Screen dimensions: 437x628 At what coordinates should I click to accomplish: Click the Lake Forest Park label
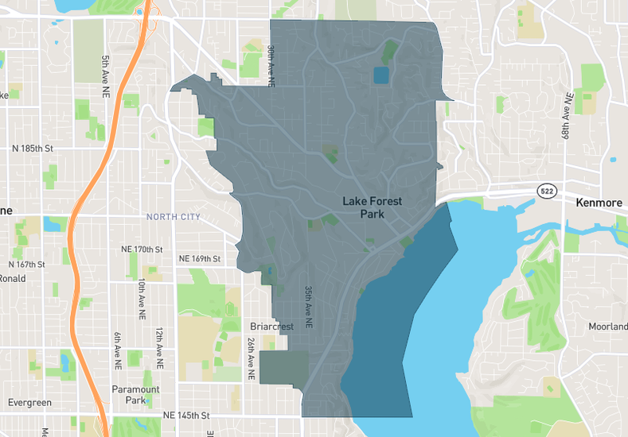372,207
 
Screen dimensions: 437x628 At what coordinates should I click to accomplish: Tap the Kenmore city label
598,203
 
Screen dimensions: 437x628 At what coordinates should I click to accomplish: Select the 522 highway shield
547,191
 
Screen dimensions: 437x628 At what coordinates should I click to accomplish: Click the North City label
174,217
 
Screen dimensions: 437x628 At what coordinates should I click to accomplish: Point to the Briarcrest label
272,327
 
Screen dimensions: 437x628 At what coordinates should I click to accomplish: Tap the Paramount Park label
135,395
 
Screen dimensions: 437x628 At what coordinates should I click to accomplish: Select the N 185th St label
32,149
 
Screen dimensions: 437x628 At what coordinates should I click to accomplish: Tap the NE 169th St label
199,258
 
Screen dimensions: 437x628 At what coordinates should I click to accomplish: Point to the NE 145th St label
185,416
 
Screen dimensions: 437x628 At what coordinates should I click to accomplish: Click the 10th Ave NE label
142,298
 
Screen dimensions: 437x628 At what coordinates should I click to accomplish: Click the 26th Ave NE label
252,356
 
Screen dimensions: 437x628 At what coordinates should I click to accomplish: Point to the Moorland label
608,327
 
